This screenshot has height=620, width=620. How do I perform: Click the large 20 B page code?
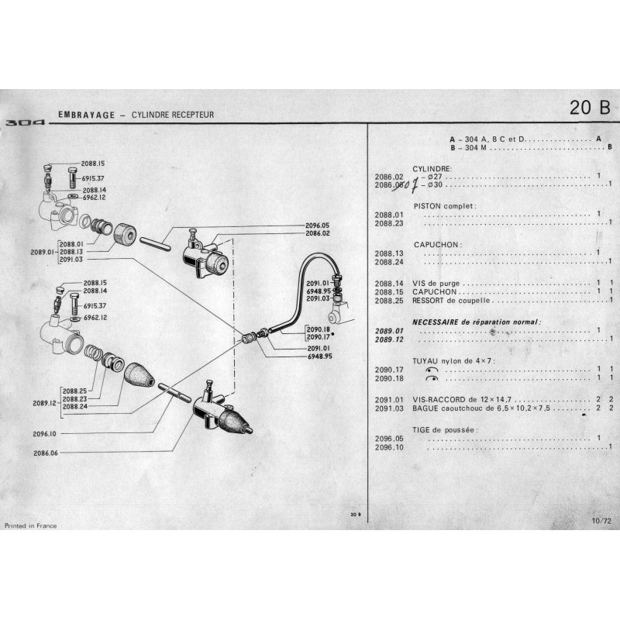click(589, 108)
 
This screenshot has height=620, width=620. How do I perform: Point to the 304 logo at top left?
click(25, 122)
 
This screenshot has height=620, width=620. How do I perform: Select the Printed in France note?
click(31, 525)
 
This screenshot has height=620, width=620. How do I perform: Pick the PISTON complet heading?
click(443, 205)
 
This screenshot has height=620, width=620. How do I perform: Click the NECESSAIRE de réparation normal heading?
click(476, 322)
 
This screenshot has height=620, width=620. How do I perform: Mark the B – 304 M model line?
click(474, 146)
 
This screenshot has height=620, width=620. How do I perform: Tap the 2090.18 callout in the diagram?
click(319, 329)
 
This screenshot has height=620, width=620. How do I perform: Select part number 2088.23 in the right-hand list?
click(389, 223)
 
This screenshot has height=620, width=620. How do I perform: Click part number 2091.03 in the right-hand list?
click(389, 408)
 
